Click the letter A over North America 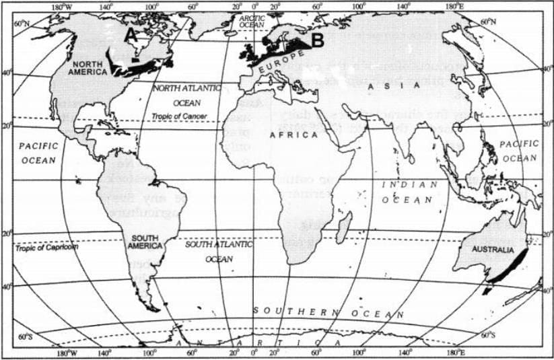click(132, 34)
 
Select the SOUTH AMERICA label click(147, 242)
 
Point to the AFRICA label click(293, 135)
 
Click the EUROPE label click(276, 65)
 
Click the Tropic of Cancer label click(179, 116)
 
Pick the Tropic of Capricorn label click(43, 247)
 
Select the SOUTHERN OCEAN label click(328, 312)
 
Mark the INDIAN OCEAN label click(409, 192)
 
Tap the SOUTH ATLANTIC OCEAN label click(219, 250)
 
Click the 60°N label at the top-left click(22, 23)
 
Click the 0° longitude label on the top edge click(255, 8)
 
